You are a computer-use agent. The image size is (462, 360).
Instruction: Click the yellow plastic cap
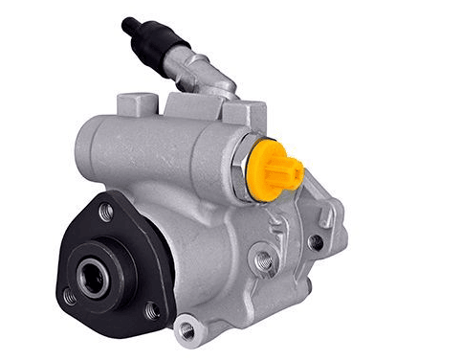[274, 170]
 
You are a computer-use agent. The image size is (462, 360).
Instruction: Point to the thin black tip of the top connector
[129, 22]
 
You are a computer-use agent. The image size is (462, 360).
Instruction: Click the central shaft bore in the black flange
[92, 278]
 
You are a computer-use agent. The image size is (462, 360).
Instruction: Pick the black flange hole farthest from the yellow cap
[69, 297]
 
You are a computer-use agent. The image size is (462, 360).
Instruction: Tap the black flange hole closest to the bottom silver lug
[151, 311]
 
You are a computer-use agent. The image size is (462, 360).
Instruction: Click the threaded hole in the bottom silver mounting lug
[187, 329]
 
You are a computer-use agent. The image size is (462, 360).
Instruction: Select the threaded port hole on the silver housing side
[263, 259]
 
